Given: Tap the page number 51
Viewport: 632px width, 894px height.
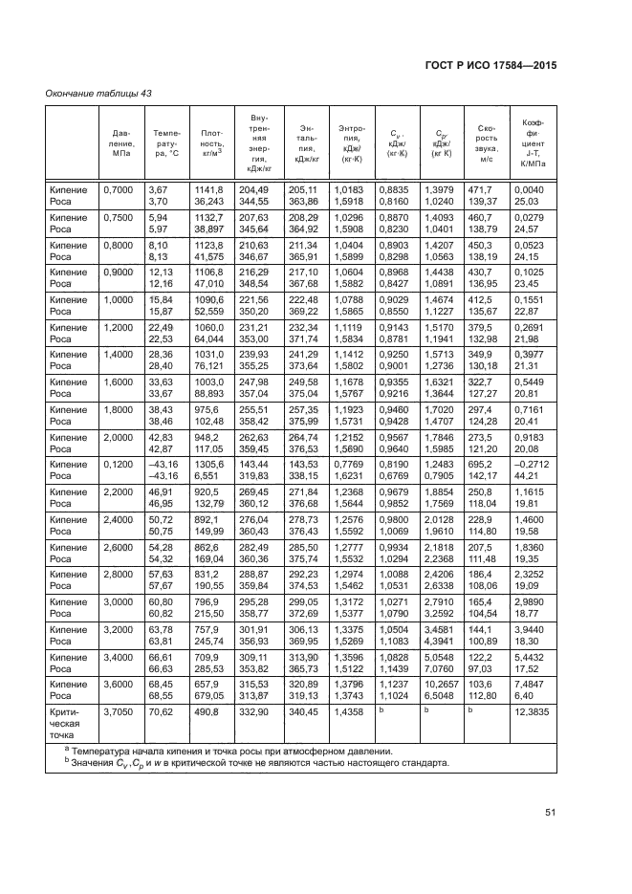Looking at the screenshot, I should tap(551, 813).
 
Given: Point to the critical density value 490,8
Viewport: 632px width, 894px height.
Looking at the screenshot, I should tap(207, 711).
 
